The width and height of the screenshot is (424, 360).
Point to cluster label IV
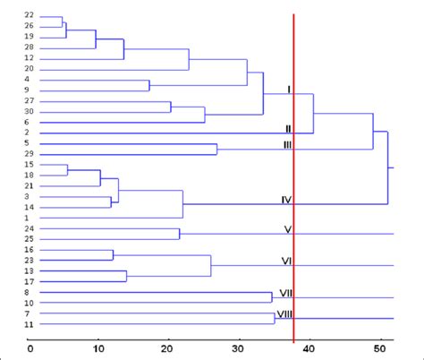click(x=287, y=200)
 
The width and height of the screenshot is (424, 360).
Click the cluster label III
click(x=287, y=143)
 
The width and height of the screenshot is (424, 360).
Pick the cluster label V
click(x=288, y=228)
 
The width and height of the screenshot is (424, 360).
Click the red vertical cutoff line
click(x=293, y=179)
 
